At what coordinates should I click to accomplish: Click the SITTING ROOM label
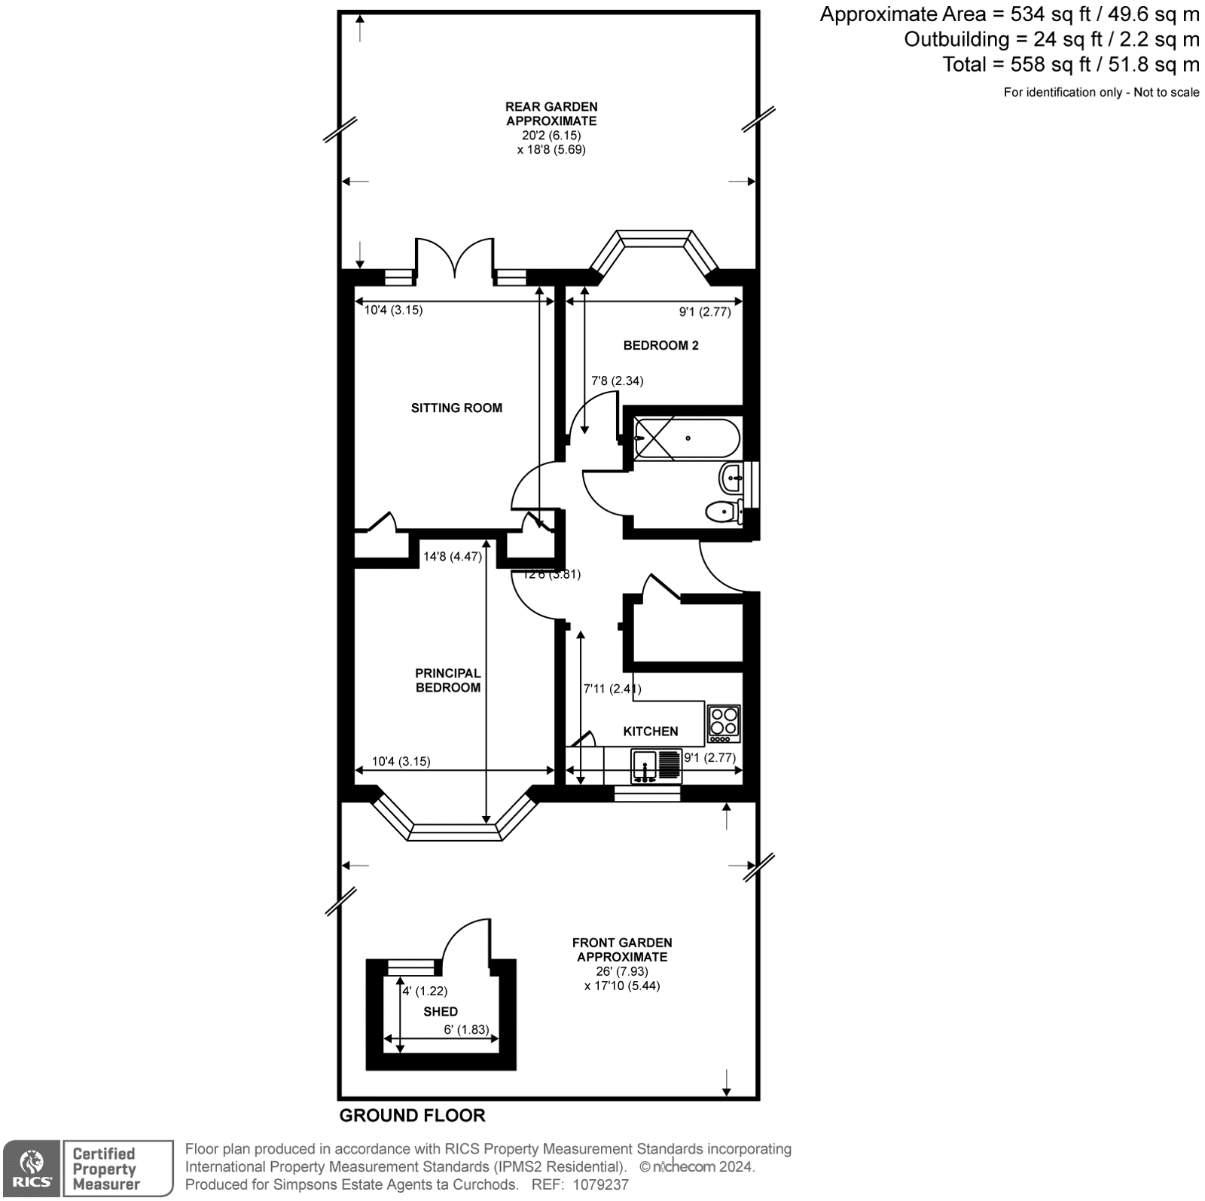coord(456,408)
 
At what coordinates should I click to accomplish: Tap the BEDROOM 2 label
coord(660,345)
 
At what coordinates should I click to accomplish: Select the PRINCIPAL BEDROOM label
coord(447,680)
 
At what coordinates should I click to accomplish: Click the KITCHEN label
coord(651,731)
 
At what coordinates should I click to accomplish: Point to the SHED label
coord(441,1011)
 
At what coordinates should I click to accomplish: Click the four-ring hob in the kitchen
coord(724,723)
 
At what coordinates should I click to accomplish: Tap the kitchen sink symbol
coord(646,766)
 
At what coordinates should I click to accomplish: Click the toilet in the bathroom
coord(724,512)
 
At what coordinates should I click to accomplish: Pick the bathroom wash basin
coord(732,477)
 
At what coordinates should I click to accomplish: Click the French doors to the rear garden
coord(455,260)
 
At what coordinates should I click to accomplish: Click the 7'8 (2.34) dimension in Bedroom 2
coord(617,380)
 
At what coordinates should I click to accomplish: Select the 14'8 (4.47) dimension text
coord(452,557)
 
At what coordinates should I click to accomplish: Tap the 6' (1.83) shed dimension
coord(466,1029)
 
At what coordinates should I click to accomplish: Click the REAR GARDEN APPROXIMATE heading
coord(551,114)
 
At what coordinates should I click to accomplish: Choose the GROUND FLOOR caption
coord(412,1115)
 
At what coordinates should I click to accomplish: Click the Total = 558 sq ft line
coord(1070,65)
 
